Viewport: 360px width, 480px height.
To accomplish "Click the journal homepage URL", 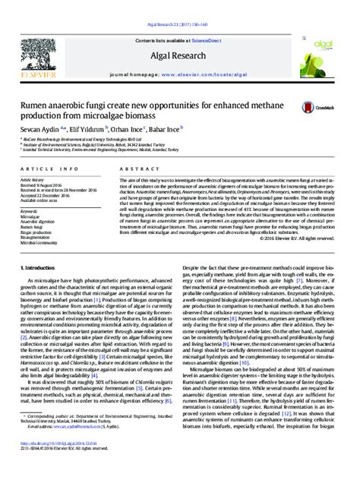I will [212, 55].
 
